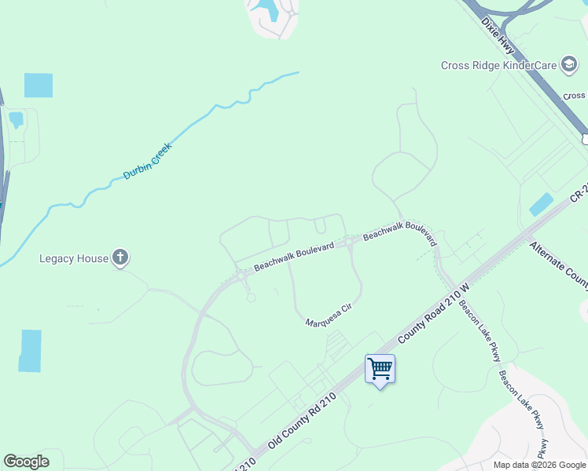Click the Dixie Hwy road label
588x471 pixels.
pyautogui.click(x=498, y=35)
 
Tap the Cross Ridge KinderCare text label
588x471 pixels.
pyautogui.click(x=498, y=66)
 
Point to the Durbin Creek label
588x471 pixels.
pyautogui.click(x=148, y=160)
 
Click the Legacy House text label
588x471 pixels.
pyautogui.click(x=74, y=258)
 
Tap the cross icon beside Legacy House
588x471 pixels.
pyautogui.click(x=120, y=257)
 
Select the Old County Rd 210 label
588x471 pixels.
pyautogui.click(x=302, y=423)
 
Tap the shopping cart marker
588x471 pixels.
pyautogui.click(x=380, y=367)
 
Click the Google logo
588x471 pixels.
pyautogui.click(x=26, y=462)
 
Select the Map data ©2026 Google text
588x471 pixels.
pyautogui.click(x=539, y=465)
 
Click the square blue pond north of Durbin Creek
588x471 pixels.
pyautogui.click(x=39, y=85)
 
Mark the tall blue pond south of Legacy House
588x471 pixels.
pyautogui.click(x=31, y=350)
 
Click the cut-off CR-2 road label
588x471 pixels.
pyautogui.click(x=579, y=193)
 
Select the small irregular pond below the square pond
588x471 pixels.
pyautogui.click(x=15, y=120)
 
